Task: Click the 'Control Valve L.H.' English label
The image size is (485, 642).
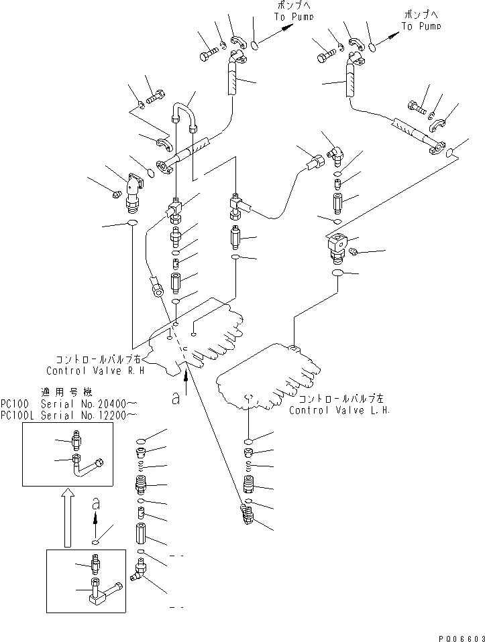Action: tap(339, 409)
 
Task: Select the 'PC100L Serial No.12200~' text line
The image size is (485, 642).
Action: tap(69, 415)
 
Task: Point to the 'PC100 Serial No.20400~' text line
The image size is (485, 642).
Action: tap(69, 405)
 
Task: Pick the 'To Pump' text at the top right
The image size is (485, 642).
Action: tap(421, 26)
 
